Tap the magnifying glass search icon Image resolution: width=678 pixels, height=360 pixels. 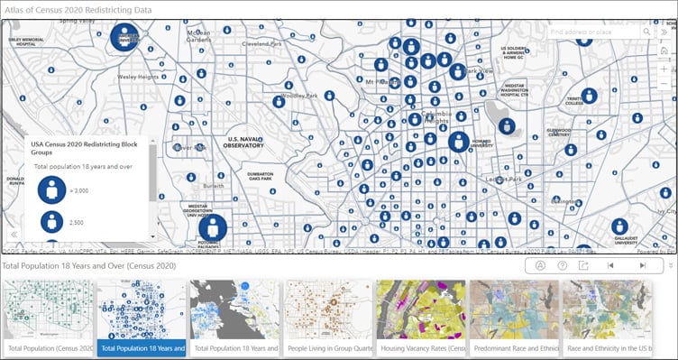pos(647,32)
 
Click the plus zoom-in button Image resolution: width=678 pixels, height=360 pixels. pos(664,68)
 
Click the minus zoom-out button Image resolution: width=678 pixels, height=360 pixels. pos(664,84)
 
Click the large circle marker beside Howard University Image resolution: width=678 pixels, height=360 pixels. pos(458,143)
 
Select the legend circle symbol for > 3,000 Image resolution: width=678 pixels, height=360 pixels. pos(51,189)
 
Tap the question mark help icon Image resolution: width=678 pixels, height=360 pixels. pos(563,265)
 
